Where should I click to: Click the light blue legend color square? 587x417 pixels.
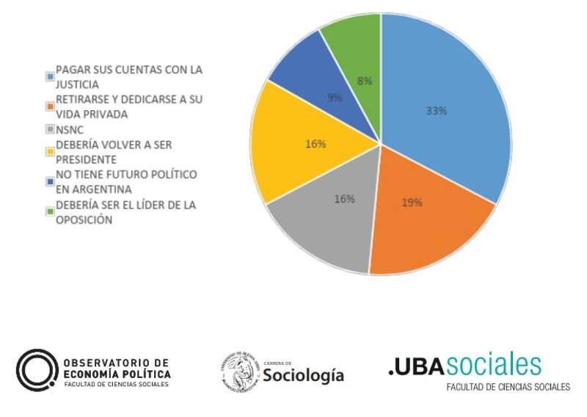tap(50, 76)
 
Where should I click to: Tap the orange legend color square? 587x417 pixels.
tap(50, 106)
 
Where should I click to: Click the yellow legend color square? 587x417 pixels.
tap(50, 151)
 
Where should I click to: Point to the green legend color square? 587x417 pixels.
tap(50, 211)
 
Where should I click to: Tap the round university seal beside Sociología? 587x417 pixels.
tap(239, 371)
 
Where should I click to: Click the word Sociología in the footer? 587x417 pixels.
tap(303, 375)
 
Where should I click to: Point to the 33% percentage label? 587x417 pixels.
tap(437, 112)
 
